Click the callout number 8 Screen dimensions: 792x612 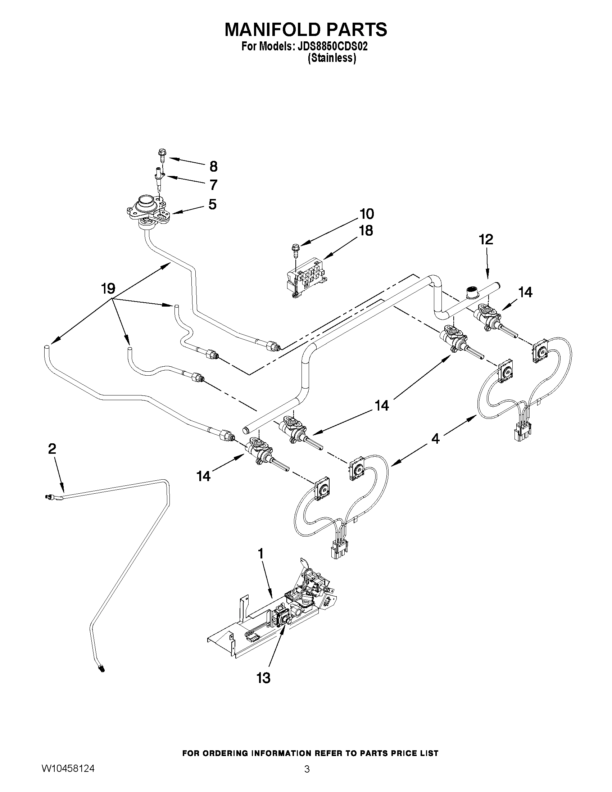click(214, 167)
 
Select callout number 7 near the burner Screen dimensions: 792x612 click(214, 185)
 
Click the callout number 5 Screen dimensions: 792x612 click(213, 204)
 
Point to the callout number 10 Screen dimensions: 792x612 click(367, 214)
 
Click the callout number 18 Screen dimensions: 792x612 click(366, 231)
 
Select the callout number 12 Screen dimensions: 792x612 click(486, 240)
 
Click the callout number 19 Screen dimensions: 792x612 click(108, 289)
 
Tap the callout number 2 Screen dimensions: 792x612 click(52, 449)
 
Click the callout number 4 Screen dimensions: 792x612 click(435, 439)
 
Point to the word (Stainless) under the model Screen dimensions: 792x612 click(332, 58)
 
